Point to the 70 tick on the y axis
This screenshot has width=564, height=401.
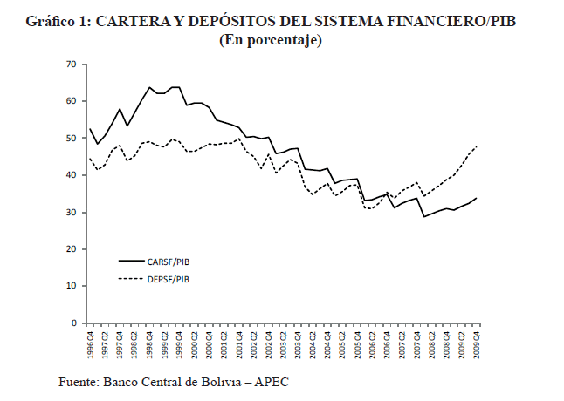71,65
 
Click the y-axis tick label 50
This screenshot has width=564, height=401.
71,139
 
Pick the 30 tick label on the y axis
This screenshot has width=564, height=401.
71,213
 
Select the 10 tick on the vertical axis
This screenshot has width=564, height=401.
71,286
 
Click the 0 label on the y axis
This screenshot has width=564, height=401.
73,323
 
